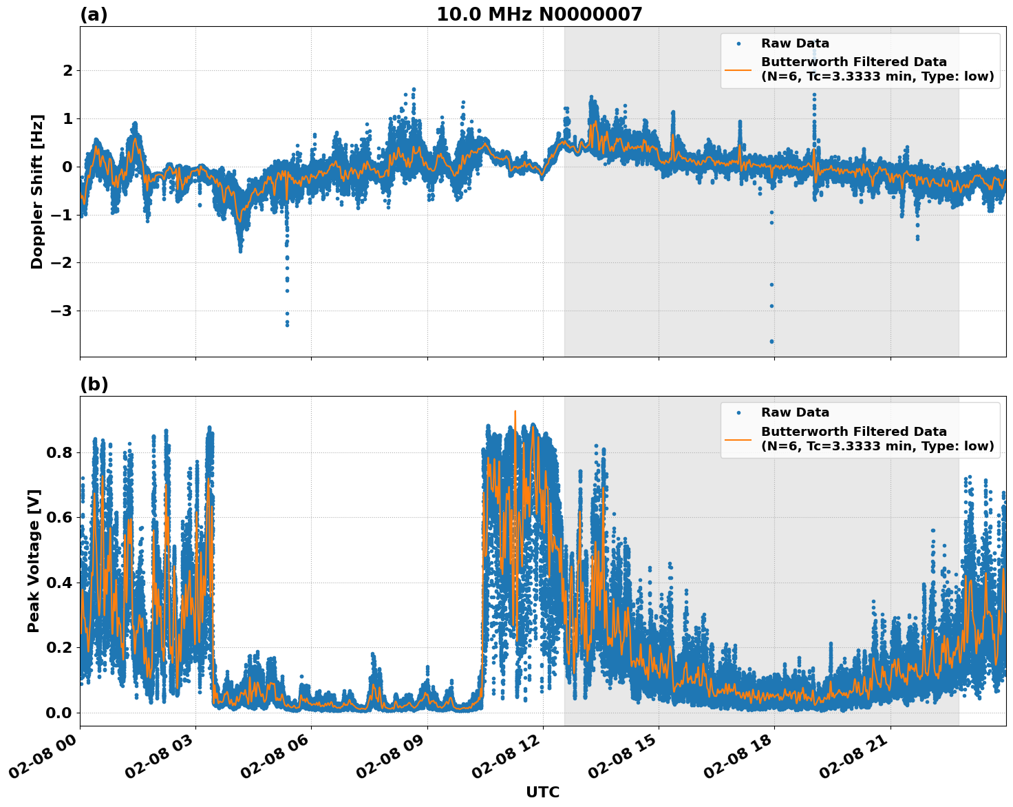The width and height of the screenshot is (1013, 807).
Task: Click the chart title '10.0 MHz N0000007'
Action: [x=539, y=14]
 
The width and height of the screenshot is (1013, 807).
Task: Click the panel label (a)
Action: [x=94, y=14]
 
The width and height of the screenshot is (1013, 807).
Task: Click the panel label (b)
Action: [x=94, y=384]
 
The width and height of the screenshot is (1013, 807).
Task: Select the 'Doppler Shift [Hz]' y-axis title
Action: [x=37, y=191]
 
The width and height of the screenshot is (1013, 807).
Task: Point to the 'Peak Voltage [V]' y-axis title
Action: [x=34, y=560]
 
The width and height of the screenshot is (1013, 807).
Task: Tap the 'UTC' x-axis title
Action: [x=542, y=792]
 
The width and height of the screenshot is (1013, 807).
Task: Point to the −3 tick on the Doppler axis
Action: [x=61, y=311]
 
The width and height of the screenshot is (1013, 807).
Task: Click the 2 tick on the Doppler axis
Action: [x=67, y=70]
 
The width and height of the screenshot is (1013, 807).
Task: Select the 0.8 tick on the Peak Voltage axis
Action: [x=59, y=452]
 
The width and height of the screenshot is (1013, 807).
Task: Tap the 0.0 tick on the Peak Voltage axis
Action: [x=59, y=712]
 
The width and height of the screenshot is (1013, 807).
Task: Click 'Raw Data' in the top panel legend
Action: [x=795, y=43]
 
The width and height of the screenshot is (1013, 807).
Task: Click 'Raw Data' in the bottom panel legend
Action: [x=795, y=412]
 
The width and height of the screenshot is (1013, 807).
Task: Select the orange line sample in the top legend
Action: [x=738, y=69]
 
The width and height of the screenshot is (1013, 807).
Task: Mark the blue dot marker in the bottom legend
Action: [x=738, y=413]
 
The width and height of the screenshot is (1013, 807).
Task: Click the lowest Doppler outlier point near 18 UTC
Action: [x=771, y=341]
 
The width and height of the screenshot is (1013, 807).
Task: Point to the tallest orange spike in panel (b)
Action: [x=515, y=412]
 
